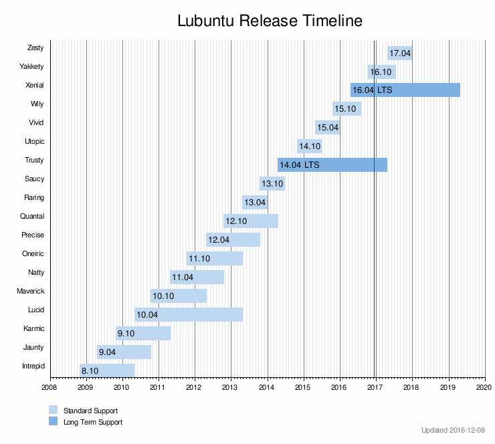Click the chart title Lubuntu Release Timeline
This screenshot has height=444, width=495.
[x=270, y=21]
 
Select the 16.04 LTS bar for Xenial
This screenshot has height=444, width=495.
[x=405, y=90]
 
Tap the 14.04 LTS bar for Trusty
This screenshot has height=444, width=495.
[x=332, y=164]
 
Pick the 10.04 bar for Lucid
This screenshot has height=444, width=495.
[x=189, y=314]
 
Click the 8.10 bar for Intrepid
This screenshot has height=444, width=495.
[x=107, y=370]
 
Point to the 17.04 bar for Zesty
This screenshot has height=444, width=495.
[x=399, y=53]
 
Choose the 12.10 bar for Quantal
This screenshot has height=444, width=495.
[x=251, y=221]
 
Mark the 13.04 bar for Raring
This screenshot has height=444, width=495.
[x=255, y=202]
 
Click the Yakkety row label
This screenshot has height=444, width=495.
[x=31, y=67]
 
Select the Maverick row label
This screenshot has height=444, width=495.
[x=30, y=292]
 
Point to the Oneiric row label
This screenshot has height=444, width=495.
[x=33, y=254]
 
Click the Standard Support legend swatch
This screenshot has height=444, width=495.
[x=54, y=410]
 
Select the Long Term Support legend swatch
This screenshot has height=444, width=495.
[x=54, y=422]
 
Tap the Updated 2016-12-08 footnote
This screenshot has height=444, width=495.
[x=454, y=430]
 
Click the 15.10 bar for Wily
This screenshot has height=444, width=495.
[x=346, y=108]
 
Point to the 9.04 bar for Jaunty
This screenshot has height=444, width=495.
[x=124, y=352]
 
